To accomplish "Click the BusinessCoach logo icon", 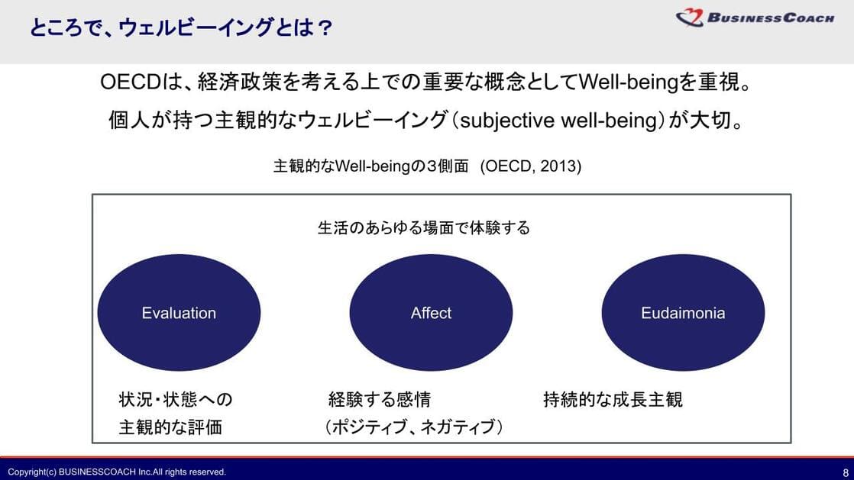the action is click(x=690, y=18).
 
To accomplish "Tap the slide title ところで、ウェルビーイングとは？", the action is click(x=180, y=27).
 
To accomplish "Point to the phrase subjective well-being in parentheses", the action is click(x=559, y=121).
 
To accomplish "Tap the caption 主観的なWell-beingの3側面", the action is click(x=371, y=166).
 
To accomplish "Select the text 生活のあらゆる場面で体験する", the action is click(x=423, y=227).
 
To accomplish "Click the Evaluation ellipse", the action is click(x=180, y=312).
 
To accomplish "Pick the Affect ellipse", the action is click(x=431, y=312).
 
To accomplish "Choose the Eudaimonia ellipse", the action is click(x=683, y=312).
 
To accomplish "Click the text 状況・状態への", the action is click(x=176, y=399).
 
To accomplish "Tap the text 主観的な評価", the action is click(x=170, y=427).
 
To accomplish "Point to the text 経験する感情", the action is click(x=380, y=399).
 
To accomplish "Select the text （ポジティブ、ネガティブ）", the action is click(x=414, y=427).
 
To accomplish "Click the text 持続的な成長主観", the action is click(x=613, y=399).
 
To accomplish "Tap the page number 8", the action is click(x=846, y=472).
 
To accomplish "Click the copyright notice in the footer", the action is click(x=117, y=472).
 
